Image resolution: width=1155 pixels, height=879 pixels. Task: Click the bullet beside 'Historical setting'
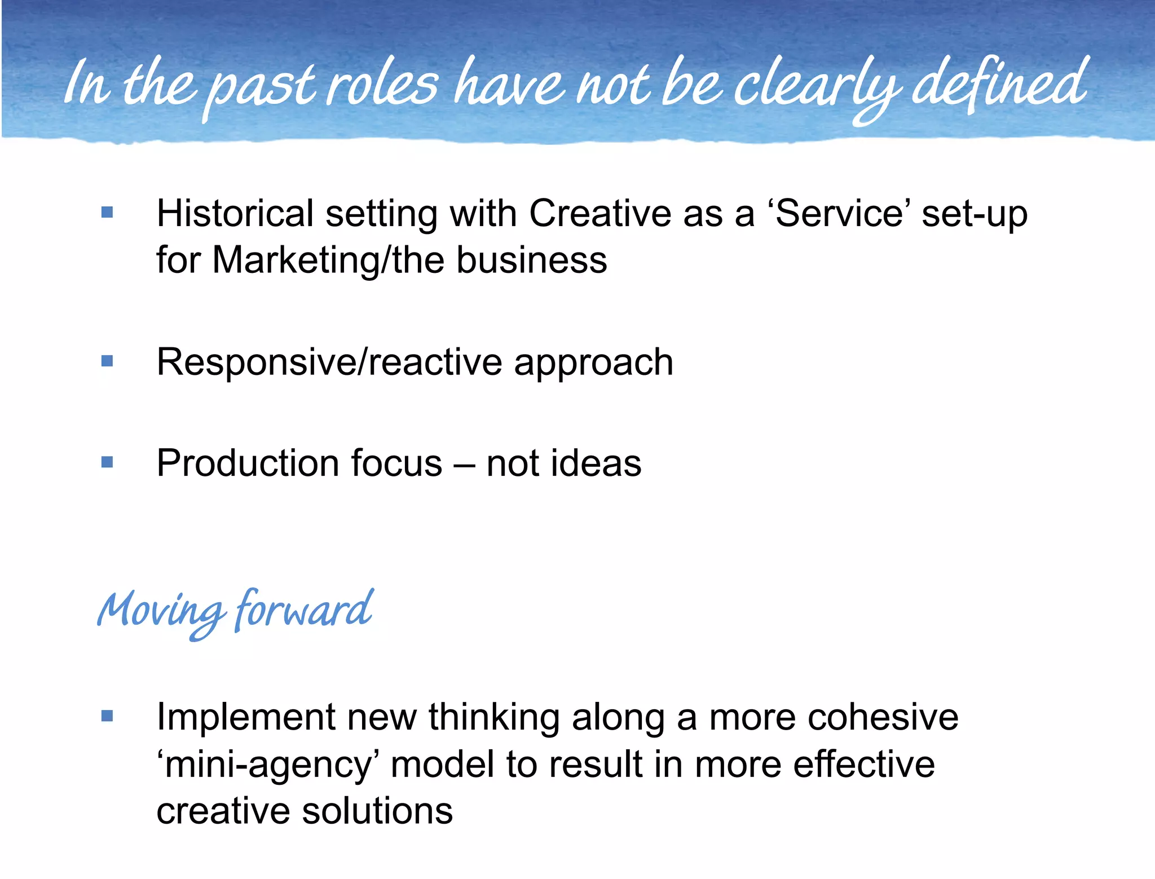[107, 213]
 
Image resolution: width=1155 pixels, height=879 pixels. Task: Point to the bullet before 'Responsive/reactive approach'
[107, 361]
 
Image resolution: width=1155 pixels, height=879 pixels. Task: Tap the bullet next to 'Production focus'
[107, 462]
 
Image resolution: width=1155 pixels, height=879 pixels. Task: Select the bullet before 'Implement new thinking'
[107, 717]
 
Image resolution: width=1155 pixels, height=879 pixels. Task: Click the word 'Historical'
[235, 214]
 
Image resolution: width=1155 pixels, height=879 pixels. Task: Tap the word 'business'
[531, 260]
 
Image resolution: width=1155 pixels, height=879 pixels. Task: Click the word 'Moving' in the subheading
[161, 612]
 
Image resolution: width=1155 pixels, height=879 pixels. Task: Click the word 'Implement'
[245, 718]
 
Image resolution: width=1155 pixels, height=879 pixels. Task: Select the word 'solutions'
[377, 812]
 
